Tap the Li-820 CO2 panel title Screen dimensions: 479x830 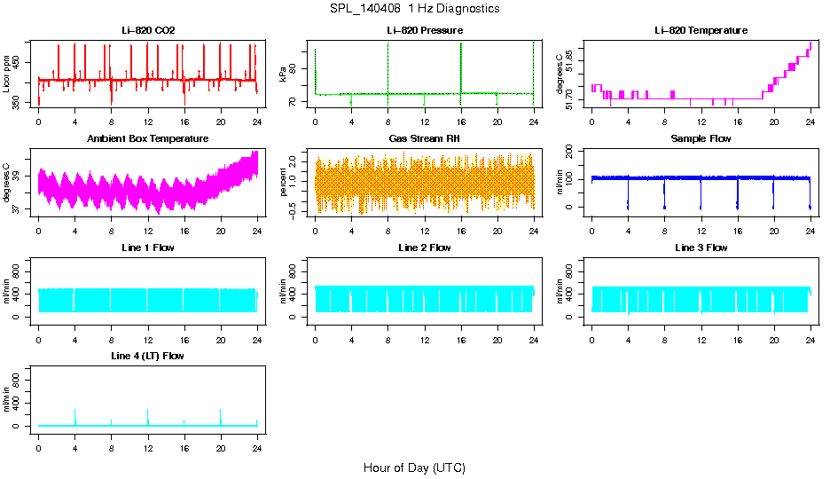click(148, 31)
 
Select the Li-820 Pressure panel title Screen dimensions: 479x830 click(424, 31)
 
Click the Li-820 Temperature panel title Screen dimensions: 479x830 click(701, 31)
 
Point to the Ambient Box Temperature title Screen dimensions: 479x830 click(148, 139)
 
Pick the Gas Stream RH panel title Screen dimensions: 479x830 click(424, 139)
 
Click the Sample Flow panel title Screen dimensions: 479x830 click(701, 139)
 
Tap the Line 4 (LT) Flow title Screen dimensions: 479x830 click(148, 356)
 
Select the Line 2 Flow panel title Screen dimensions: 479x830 click(424, 247)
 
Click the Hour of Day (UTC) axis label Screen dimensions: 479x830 click(414, 467)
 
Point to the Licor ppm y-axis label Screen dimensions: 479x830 click(7, 75)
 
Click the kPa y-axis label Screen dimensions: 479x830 click(284, 75)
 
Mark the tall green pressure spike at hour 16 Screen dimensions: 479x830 click(461, 62)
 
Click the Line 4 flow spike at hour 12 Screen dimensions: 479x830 click(147, 415)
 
